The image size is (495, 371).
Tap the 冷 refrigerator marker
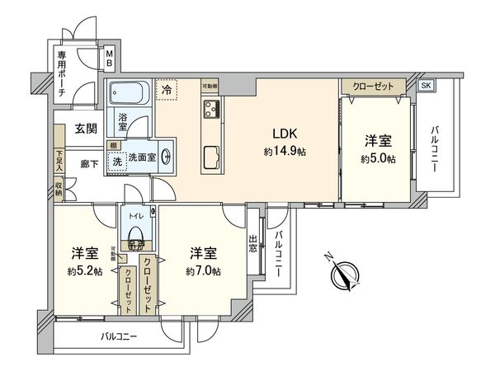167,90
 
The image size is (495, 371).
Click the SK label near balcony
426,86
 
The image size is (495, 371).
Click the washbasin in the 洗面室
167,156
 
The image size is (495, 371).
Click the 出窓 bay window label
254,244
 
